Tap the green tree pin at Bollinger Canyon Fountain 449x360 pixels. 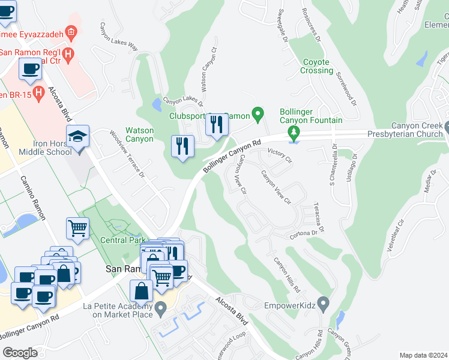(x=294, y=132)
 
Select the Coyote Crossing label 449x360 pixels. (x=316, y=66)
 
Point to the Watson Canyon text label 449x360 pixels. (x=139, y=134)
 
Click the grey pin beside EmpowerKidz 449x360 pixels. (x=324, y=305)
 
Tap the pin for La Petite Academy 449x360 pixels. (x=160, y=310)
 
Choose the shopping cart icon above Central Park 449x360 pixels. (x=78, y=229)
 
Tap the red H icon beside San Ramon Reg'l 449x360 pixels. (x=68, y=55)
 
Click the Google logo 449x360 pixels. (x=20, y=352)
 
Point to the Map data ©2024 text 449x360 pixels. (x=423, y=355)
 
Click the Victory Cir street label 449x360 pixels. (x=279, y=156)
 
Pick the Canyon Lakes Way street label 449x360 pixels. (x=119, y=37)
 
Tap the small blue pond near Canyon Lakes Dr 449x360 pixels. (x=157, y=106)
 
